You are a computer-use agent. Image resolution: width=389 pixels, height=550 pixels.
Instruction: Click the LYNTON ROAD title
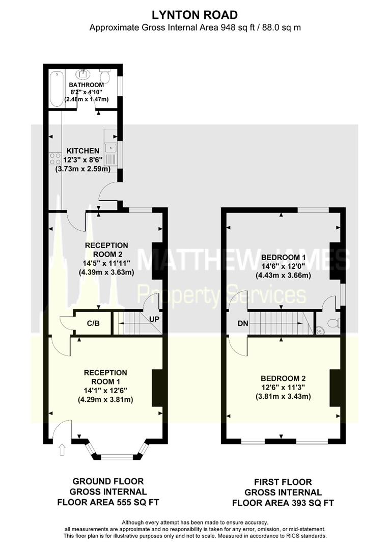click(x=194, y=15)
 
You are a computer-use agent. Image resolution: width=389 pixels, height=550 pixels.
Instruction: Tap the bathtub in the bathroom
click(x=57, y=89)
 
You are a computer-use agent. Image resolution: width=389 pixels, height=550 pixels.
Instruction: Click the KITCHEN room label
click(x=83, y=151)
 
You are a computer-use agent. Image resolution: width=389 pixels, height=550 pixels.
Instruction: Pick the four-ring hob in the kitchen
click(x=54, y=158)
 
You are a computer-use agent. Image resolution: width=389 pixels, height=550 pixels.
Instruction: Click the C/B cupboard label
click(x=93, y=323)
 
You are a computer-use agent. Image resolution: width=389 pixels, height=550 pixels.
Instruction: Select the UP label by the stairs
click(x=154, y=319)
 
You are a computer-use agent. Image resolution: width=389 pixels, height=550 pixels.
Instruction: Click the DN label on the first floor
click(x=243, y=323)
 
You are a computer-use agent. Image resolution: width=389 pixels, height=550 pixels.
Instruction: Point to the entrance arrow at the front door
click(x=62, y=450)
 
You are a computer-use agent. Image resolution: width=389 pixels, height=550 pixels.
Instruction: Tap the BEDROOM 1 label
click(x=281, y=257)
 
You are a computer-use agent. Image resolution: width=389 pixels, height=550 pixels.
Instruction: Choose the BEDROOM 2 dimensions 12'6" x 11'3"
click(x=283, y=387)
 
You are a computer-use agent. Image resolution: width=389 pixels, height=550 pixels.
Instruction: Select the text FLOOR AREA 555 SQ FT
click(x=108, y=502)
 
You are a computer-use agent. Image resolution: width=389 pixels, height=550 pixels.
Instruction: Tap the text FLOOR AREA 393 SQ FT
click(x=283, y=503)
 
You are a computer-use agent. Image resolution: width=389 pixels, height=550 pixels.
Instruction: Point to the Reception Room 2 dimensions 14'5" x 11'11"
click(x=106, y=263)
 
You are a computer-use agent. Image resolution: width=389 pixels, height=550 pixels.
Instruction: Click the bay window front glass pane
click(x=116, y=457)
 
